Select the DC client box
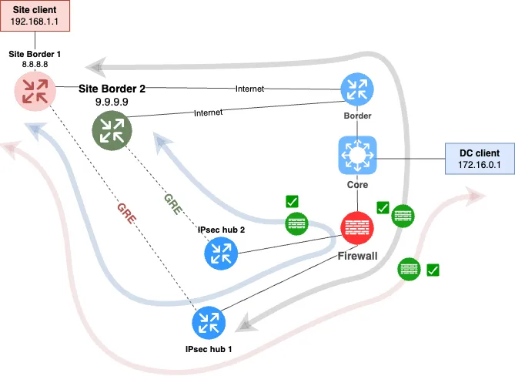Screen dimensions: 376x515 480,159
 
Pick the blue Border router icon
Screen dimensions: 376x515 356,91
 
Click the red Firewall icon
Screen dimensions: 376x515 357,228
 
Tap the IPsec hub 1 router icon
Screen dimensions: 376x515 209,322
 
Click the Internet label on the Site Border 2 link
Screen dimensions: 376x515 207,112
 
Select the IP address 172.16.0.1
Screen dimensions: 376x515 480,166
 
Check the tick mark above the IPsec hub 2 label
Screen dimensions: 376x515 292,202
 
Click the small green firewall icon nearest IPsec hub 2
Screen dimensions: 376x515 297,223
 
